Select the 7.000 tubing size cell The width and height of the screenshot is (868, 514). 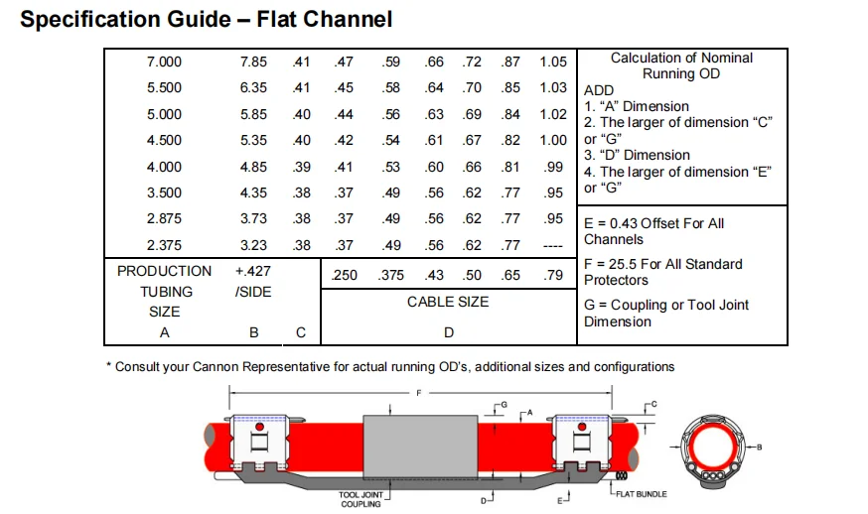pyautogui.click(x=164, y=62)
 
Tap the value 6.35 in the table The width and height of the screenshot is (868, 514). pyautogui.click(x=253, y=87)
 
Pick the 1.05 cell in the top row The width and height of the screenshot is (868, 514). pyautogui.click(x=553, y=62)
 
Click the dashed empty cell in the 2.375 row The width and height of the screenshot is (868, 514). pyautogui.click(x=553, y=245)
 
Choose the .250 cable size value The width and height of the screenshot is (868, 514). pyautogui.click(x=344, y=275)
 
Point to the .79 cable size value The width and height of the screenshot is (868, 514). pyautogui.click(x=553, y=275)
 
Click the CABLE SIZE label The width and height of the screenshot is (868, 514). pyautogui.click(x=448, y=302)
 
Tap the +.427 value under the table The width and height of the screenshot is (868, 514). pyautogui.click(x=253, y=271)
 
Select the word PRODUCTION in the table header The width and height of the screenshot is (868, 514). pyautogui.click(x=165, y=271)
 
